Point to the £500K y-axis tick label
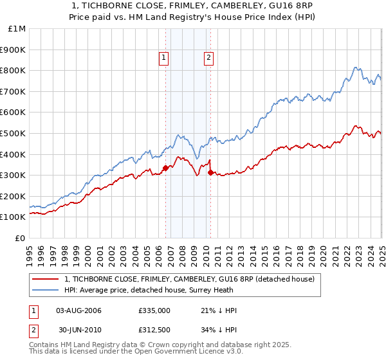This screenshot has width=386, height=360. [x=14, y=133]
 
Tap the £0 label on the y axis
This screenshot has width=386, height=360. [x=21, y=238]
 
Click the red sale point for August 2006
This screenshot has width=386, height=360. [x=165, y=168]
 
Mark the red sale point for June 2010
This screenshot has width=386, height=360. [x=210, y=172]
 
